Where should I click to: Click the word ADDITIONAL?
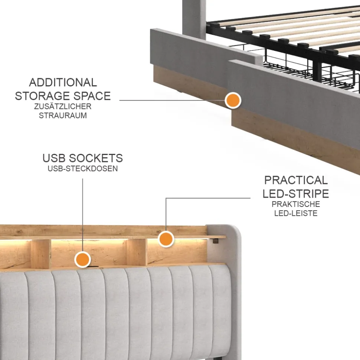[x=63, y=82]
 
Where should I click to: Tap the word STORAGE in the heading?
[x=41, y=96]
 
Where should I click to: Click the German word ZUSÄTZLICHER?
[x=63, y=106]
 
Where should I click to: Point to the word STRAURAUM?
[x=63, y=115]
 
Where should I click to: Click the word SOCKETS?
[x=96, y=158]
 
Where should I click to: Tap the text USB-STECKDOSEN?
[x=83, y=169]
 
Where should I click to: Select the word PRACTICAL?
[x=296, y=180]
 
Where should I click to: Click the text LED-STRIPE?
[x=296, y=194]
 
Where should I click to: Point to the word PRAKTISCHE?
[x=296, y=204]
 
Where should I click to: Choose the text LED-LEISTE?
[x=296, y=213]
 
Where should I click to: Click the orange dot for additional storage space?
[x=233, y=100]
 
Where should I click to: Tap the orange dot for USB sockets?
[x=82, y=260]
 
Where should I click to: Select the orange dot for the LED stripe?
[x=166, y=239]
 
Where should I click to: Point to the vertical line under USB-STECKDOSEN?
[x=82, y=215]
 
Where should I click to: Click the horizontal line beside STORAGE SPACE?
[x=172, y=100]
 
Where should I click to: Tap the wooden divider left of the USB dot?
[x=41, y=254]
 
